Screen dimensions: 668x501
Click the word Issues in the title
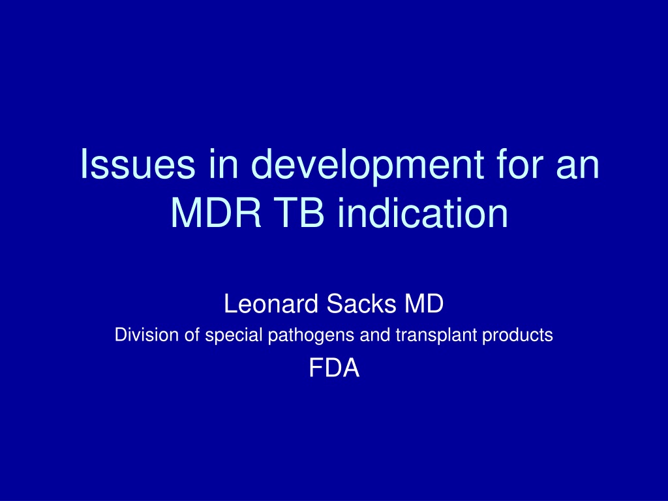[138, 163]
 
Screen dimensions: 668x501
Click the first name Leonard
[271, 304]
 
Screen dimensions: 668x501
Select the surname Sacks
[361, 304]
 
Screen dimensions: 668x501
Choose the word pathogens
[311, 336]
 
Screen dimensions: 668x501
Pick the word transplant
[436, 336]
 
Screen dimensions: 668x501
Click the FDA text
[334, 368]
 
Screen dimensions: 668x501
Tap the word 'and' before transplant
[375, 335]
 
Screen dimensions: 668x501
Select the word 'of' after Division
[192, 335]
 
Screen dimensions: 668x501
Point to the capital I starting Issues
[83, 163]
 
